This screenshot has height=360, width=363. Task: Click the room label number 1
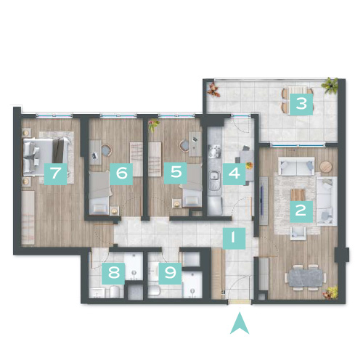pyautogui.click(x=234, y=238)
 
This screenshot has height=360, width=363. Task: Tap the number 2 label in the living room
pyautogui.click(x=301, y=211)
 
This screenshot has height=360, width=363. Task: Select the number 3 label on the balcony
pyautogui.click(x=301, y=104)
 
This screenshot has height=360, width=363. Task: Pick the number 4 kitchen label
pyautogui.click(x=234, y=173)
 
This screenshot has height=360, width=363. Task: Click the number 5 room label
pyautogui.click(x=176, y=173)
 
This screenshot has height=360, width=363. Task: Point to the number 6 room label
pyautogui.click(x=121, y=173)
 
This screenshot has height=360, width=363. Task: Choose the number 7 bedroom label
pyautogui.click(x=55, y=173)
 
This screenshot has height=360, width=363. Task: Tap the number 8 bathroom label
pyautogui.click(x=113, y=274)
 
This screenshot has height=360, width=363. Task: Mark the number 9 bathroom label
pyautogui.click(x=170, y=274)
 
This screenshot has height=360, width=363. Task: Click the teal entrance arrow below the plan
pyautogui.click(x=240, y=324)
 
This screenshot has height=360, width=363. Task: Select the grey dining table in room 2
pyautogui.click(x=305, y=277)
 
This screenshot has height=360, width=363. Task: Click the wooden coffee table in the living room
pyautogui.click(x=298, y=195)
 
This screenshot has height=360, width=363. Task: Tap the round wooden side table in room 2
pyautogui.click(x=326, y=167)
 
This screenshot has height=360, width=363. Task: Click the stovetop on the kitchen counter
pyautogui.click(x=214, y=152)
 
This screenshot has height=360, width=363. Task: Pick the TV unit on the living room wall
pyautogui.click(x=264, y=201)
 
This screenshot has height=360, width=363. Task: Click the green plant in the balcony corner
pyautogui.click(x=330, y=85)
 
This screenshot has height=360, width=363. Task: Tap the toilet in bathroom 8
pyautogui.click(x=115, y=292)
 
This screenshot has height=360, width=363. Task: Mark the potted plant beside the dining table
pyautogui.click(x=330, y=292)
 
